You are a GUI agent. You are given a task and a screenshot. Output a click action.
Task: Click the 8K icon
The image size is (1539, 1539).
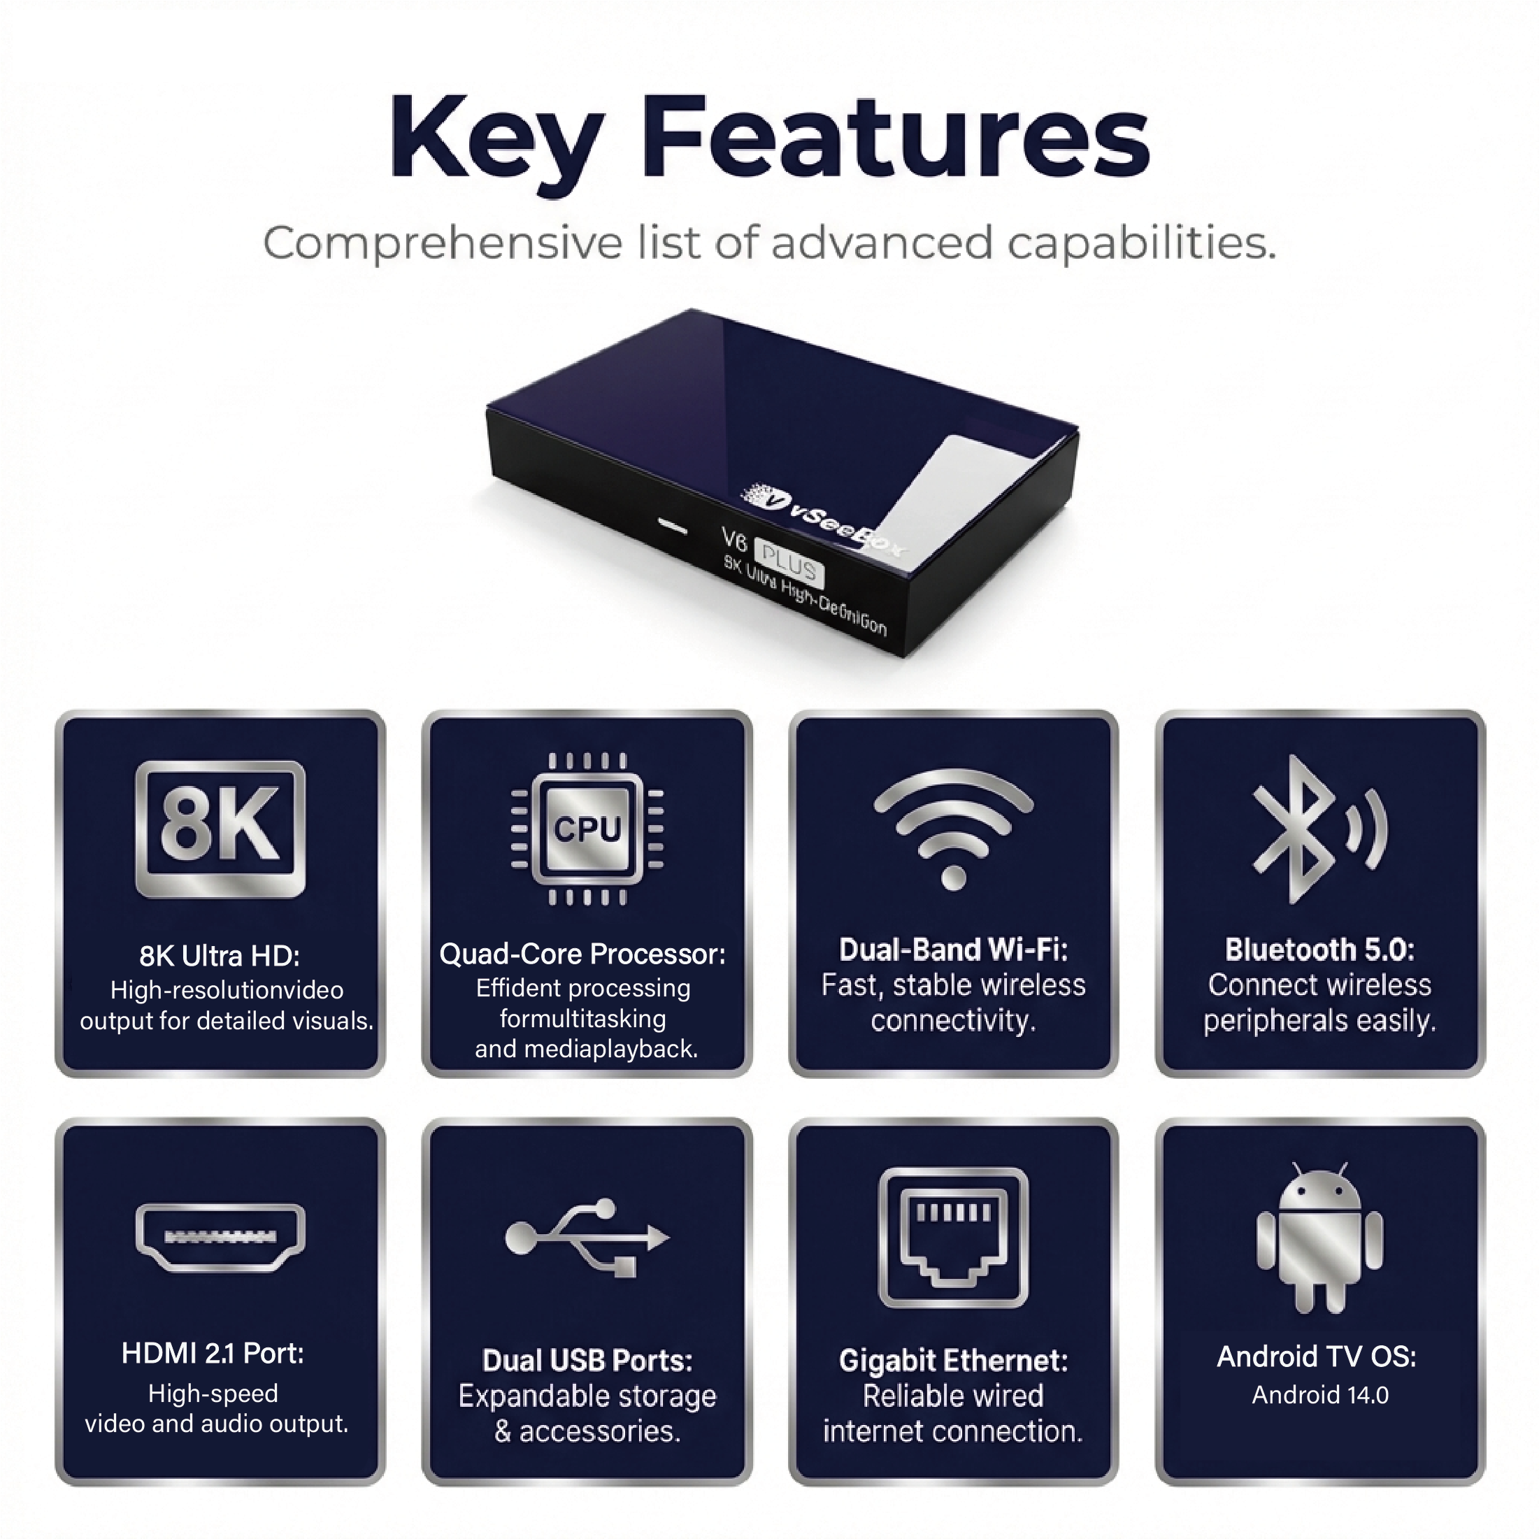coord(220,829)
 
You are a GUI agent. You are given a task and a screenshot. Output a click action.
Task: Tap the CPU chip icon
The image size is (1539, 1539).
coord(587,829)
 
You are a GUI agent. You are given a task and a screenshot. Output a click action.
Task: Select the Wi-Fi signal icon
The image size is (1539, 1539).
coord(954,829)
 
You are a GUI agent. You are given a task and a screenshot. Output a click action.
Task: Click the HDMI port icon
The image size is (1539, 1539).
coord(220,1237)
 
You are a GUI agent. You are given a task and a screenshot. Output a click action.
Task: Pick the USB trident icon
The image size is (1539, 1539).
coord(587,1237)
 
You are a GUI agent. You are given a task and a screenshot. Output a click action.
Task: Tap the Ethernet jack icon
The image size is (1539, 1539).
coord(954,1237)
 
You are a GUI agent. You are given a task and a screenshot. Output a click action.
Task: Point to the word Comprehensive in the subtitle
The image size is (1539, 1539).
coord(442,243)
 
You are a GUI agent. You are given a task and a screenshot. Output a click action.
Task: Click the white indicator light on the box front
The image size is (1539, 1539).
coord(674,526)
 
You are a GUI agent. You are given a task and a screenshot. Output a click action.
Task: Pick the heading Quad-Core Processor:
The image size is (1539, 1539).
coord(582,954)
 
